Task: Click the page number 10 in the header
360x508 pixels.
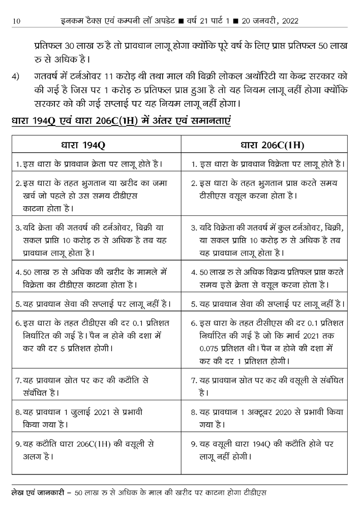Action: point(17,21)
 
